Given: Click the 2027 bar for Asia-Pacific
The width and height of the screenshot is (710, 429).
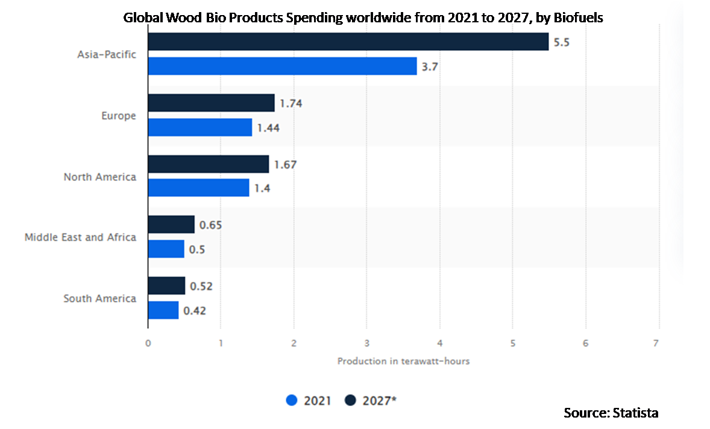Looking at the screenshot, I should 348,42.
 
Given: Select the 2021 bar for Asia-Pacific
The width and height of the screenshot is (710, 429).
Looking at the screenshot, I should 282,66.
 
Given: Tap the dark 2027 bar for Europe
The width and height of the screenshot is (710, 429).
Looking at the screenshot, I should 211,103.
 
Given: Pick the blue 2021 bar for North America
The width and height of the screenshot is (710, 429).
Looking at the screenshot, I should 198,188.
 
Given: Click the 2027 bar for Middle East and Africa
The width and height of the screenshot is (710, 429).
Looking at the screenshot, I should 171,224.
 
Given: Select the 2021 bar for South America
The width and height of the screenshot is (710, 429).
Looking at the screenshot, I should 163,310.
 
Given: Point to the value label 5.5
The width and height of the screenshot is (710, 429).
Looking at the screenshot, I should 562,42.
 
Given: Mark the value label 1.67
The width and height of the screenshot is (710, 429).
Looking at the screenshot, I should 285,164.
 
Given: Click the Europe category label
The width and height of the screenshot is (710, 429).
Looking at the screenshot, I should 119,115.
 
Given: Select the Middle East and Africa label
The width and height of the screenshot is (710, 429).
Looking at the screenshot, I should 80,237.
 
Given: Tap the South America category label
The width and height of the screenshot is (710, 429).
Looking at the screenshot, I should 100,298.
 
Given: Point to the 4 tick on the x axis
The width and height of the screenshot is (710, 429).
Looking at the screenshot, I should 439,343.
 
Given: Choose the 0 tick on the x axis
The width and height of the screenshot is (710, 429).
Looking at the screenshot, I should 148,343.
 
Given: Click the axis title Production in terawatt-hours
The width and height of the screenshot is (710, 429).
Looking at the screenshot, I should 403,361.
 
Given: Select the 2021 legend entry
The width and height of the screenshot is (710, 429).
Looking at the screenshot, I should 309,400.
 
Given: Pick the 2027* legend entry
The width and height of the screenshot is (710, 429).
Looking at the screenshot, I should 374,400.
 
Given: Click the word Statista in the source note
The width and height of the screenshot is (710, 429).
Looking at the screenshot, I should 635,413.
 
